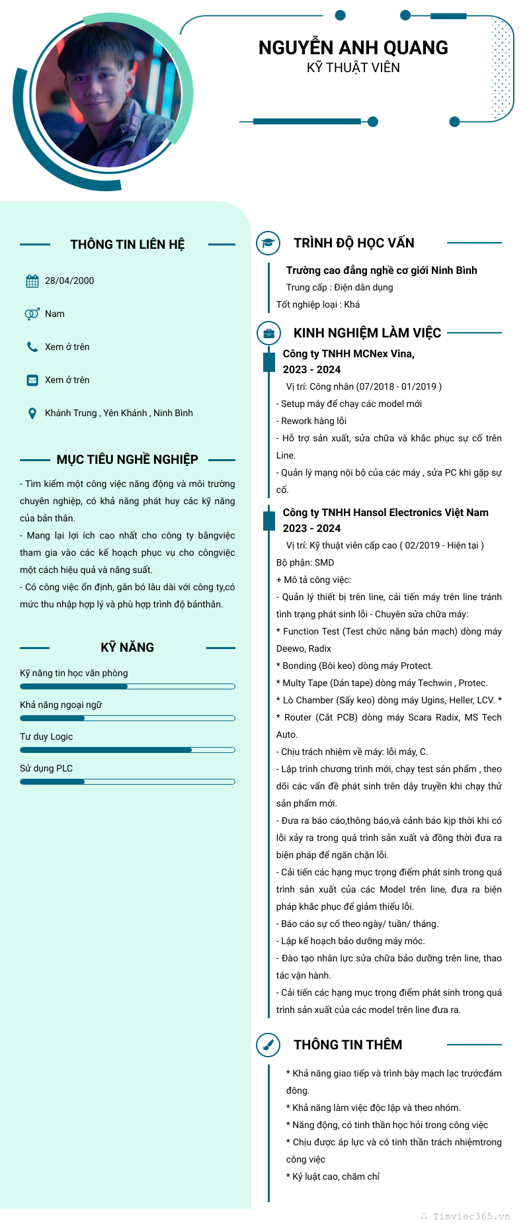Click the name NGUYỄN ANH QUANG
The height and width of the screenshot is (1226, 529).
click(x=353, y=48)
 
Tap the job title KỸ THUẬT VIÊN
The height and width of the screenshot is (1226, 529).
click(x=353, y=67)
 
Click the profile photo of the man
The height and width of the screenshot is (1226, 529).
click(x=108, y=95)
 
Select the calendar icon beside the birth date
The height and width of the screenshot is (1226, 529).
click(x=32, y=281)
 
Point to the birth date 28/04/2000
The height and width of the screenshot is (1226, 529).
click(x=69, y=281)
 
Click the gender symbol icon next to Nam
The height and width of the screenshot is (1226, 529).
click(x=32, y=314)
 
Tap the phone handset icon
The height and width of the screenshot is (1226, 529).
click(x=32, y=347)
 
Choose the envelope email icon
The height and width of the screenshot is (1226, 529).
click(x=32, y=380)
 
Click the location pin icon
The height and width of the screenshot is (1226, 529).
click(x=32, y=414)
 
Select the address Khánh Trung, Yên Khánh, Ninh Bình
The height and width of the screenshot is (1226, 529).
click(x=119, y=413)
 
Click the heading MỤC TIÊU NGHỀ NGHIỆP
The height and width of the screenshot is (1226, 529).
click(x=128, y=459)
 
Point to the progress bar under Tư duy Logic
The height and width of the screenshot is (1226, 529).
click(x=128, y=750)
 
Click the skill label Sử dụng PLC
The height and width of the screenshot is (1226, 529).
click(x=46, y=768)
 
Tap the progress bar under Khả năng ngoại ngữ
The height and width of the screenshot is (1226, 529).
click(x=128, y=718)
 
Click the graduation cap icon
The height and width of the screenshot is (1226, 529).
click(x=268, y=243)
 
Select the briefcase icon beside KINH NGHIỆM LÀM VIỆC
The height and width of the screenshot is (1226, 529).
click(x=268, y=333)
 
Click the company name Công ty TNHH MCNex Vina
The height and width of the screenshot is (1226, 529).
click(x=348, y=354)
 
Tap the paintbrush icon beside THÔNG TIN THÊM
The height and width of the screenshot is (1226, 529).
click(x=268, y=1045)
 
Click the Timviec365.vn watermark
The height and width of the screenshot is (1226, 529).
click(x=471, y=1216)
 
